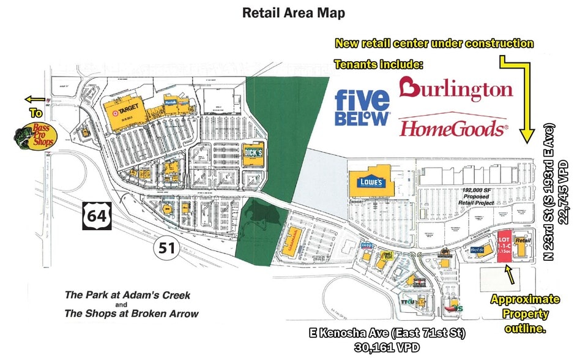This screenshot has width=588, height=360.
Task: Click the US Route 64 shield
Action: click(95, 217)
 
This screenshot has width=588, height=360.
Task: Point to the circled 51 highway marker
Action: click(163, 248)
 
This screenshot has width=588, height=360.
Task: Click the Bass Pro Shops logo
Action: click(34, 134)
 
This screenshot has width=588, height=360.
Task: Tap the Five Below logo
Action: click(363, 107)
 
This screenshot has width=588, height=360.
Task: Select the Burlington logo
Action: click(455, 89)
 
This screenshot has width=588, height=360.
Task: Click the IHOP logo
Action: click(367, 247)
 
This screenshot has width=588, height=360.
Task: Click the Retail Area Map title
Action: click(294, 12)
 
